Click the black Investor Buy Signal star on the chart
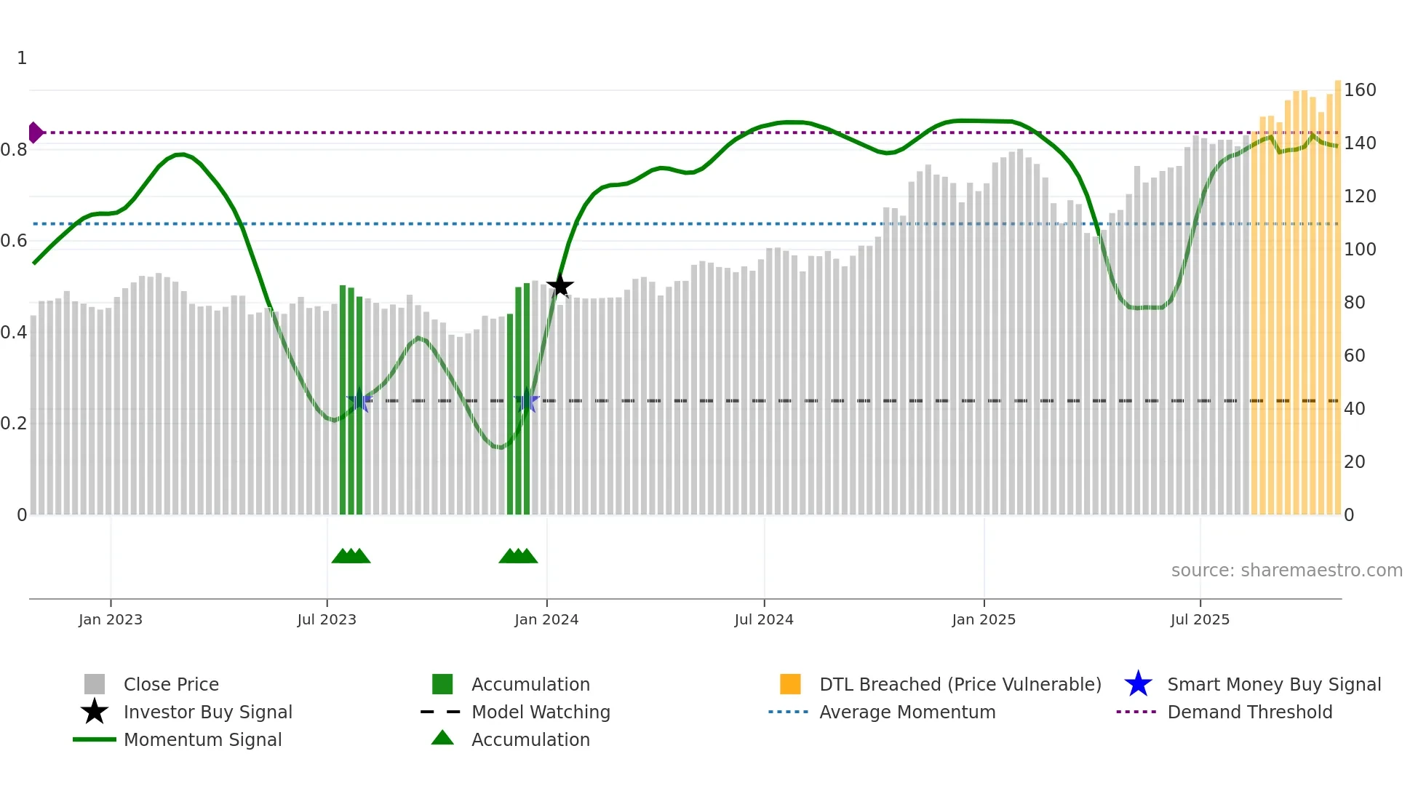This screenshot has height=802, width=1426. (559, 286)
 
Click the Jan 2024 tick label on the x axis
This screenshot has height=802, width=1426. (546, 619)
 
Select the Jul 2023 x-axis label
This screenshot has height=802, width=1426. (327, 619)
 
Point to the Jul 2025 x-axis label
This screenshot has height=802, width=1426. (1200, 619)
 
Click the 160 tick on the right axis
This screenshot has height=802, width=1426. (1359, 90)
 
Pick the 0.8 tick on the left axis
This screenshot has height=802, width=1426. (15, 150)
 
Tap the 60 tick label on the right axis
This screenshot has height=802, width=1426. (1354, 356)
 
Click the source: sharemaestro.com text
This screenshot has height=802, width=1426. (1286, 571)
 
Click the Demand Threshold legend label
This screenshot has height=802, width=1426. (1249, 712)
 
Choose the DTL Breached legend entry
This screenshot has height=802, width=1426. (960, 685)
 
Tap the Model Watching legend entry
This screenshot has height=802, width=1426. (540, 712)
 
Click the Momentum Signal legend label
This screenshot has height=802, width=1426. (202, 740)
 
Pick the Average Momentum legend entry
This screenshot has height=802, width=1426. (907, 712)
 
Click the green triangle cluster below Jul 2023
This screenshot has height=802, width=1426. (351, 557)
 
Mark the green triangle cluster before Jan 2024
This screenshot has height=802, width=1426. (518, 557)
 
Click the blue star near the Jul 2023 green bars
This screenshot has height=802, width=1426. (359, 401)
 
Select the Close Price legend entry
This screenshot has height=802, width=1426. (170, 685)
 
